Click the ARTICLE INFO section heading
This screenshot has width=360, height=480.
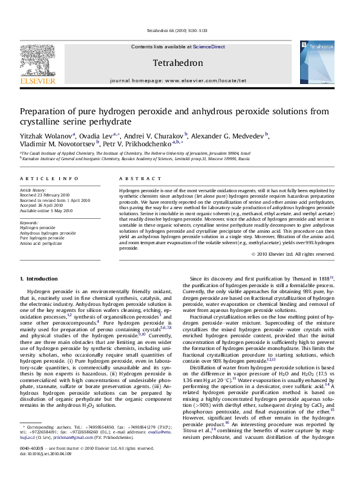pyautogui.click(x=49, y=178)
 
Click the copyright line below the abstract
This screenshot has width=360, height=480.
pyautogui.click(x=301, y=254)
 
